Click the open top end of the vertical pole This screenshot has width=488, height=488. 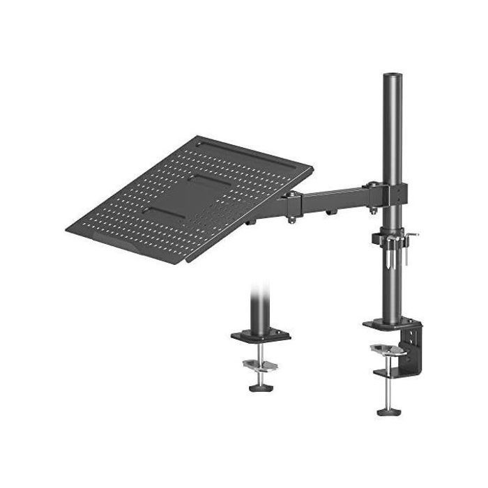click(x=386, y=73)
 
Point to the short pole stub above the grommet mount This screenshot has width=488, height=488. click(x=259, y=307)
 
